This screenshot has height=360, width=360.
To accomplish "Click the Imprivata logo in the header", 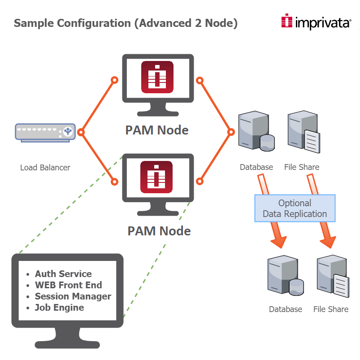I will [x=316, y=22].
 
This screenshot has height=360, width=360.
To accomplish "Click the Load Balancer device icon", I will [x=44, y=132].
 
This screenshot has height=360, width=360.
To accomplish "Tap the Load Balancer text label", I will [x=45, y=168].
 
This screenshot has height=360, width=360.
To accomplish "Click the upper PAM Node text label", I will [x=157, y=130].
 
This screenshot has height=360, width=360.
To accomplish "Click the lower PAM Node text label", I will [x=159, y=230].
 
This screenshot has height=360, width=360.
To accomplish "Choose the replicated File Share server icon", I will [x=332, y=276].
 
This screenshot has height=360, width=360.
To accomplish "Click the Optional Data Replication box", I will [x=295, y=208].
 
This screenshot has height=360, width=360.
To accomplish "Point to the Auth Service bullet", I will [x=63, y=274].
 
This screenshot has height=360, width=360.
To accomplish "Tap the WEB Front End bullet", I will [x=68, y=285].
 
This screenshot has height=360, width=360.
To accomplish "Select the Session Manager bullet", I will [x=73, y=296].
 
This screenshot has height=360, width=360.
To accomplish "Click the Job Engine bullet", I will [x=59, y=308].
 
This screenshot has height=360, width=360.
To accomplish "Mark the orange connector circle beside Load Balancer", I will [x=81, y=132].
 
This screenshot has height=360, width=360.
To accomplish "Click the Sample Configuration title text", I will [x=126, y=23].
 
